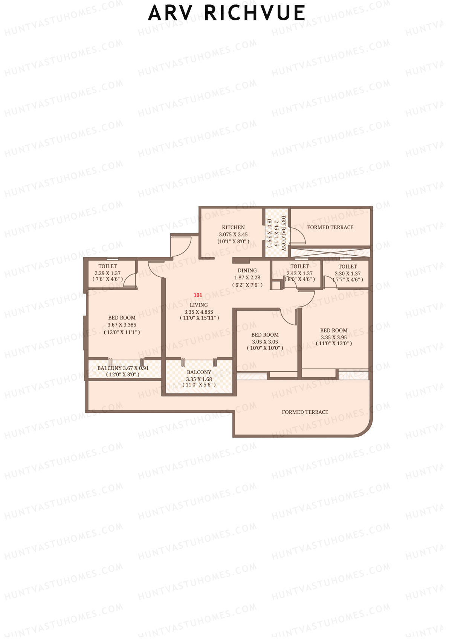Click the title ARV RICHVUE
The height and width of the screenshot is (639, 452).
pos(226,13)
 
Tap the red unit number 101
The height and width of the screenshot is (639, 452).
pos(198,295)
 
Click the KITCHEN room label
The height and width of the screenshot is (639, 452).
pos(233,227)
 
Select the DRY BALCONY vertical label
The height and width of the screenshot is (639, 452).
pos(283,233)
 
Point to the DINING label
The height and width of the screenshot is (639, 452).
pos(247,270)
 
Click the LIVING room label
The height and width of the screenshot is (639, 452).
pos(199,305)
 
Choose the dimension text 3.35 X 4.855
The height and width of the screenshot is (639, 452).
pos(199,312)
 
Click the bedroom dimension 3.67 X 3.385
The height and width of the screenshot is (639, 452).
pos(122,325)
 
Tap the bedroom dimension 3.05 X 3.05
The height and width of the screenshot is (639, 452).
pos(265,342)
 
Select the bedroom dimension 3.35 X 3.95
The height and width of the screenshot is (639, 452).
pos(333,337)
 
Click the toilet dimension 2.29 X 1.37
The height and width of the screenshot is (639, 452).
pos(107,273)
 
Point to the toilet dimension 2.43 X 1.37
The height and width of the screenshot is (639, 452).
pos(299,273)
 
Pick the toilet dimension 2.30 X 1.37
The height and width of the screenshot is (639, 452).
pos(347,273)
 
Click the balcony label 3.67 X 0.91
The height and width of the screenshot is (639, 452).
pos(123,368)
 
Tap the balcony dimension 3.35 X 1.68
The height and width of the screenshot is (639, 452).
pos(199,379)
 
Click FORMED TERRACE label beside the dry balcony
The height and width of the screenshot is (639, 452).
pos(330,227)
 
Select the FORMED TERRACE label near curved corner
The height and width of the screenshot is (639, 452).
pos(305,412)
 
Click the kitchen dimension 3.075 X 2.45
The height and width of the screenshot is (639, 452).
pos(233,234)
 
